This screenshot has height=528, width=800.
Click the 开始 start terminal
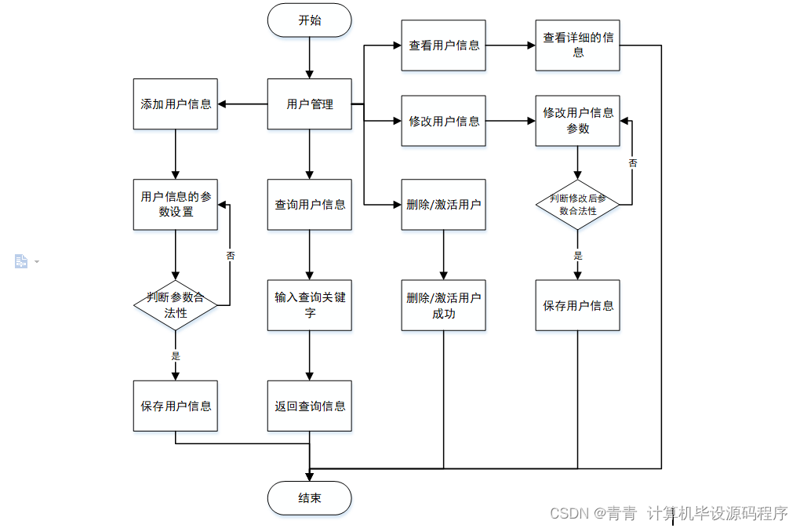309,20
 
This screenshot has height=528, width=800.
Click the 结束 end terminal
309,497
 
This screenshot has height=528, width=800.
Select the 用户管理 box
309,104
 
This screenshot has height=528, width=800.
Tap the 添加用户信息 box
176,104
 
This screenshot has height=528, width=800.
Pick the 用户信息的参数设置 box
176,205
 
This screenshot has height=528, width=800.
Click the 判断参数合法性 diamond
176,305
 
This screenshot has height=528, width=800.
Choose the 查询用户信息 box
309,205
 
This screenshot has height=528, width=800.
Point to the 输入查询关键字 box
309,305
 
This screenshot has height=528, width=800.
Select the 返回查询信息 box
309,406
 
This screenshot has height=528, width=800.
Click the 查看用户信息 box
443,46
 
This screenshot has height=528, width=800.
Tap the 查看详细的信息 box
578,46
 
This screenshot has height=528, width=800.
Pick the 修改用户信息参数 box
578,121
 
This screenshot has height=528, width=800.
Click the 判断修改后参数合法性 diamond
578,205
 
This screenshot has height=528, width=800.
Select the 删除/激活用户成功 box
443,305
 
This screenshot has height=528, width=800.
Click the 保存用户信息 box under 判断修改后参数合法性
578,305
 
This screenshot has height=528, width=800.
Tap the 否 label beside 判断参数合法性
231,256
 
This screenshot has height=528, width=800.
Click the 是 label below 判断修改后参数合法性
578,256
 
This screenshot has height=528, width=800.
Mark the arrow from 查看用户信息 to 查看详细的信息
511,46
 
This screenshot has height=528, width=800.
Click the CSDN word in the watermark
569,513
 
